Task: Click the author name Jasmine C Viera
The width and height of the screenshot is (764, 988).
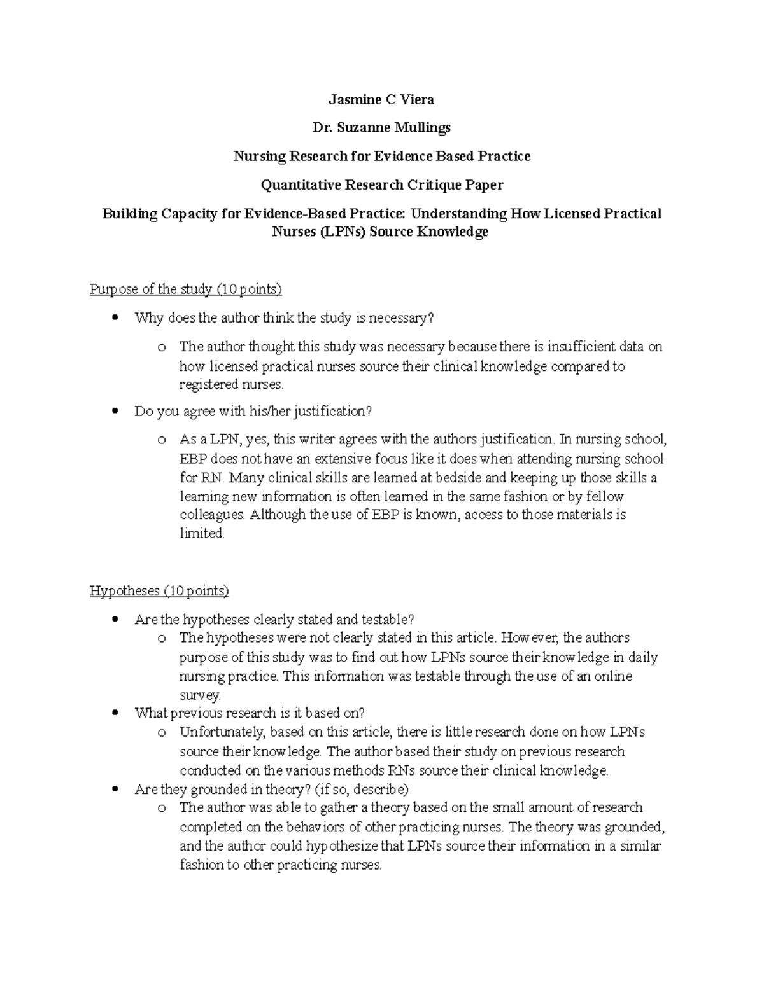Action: click(381, 99)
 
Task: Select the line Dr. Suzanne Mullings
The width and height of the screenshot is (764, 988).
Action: click(381, 127)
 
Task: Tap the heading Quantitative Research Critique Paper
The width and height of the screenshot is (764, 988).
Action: click(381, 184)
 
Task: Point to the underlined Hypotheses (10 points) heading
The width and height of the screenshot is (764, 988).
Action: click(159, 591)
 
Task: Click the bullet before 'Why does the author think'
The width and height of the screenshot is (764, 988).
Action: click(115, 317)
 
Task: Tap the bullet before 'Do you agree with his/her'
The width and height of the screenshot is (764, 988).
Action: click(115, 412)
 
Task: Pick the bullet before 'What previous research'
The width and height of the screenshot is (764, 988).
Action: click(115, 713)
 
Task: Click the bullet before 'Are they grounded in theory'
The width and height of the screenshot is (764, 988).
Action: click(115, 790)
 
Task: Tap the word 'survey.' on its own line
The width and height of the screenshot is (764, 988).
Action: click(200, 695)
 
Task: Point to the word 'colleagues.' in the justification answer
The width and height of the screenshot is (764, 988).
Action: click(213, 515)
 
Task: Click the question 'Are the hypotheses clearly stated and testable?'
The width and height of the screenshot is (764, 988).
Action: click(274, 620)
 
